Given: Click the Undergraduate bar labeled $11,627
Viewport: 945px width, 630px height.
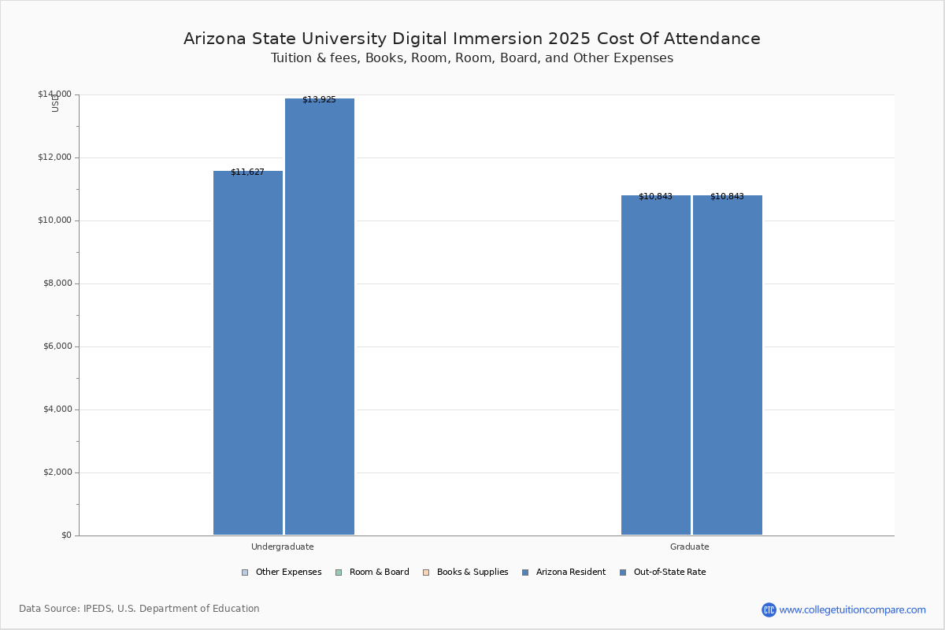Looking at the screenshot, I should pyautogui.click(x=248, y=354).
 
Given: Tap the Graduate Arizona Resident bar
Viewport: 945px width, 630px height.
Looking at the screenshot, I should pyautogui.click(x=656, y=366).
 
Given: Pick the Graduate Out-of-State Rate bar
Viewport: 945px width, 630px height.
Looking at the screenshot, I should pyautogui.click(x=728, y=366).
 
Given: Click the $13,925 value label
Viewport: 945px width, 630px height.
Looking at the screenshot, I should pyautogui.click(x=319, y=100).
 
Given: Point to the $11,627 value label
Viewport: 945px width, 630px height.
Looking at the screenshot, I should pyautogui.click(x=247, y=172).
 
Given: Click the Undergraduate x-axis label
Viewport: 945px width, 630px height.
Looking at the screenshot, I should pyautogui.click(x=282, y=547).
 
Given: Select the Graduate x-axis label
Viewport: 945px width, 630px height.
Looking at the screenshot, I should pyautogui.click(x=690, y=547).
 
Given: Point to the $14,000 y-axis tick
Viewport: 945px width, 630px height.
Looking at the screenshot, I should pyautogui.click(x=54, y=94).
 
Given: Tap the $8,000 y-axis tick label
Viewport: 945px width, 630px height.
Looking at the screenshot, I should pyautogui.click(x=54, y=283).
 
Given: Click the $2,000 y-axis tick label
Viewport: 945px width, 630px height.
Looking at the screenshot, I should pyautogui.click(x=54, y=472).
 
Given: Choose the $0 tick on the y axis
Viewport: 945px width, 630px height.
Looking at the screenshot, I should pyautogui.click(x=65, y=535).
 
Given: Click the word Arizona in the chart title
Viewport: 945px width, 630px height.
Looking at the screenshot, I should pyautogui.click(x=213, y=39).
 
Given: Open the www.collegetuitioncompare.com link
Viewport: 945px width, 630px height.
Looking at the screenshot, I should pyautogui.click(x=852, y=610).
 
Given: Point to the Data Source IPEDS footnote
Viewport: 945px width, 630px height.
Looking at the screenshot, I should pyautogui.click(x=139, y=609).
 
